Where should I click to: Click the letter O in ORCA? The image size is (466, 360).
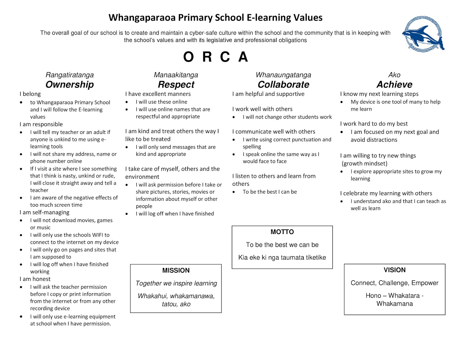[188, 57]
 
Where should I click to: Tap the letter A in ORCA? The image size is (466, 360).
[243, 57]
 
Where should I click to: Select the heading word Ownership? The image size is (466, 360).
[70, 84]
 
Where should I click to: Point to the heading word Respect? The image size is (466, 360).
[176, 84]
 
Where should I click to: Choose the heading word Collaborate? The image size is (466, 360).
[283, 84]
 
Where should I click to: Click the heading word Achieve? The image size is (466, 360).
[394, 84]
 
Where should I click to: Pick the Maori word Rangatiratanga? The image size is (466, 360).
[70, 75]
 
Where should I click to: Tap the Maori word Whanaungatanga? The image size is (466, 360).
[283, 75]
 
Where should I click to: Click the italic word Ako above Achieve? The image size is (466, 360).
[394, 75]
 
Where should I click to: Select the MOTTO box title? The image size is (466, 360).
[282, 232]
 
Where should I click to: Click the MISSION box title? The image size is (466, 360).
[176, 270]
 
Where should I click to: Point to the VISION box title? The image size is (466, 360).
[395, 270]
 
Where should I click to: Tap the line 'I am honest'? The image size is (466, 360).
[35, 279]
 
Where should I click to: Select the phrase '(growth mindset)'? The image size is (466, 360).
[364, 163]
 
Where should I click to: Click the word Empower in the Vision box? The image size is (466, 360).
[425, 283]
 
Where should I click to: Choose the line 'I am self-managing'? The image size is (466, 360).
[45, 212]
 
